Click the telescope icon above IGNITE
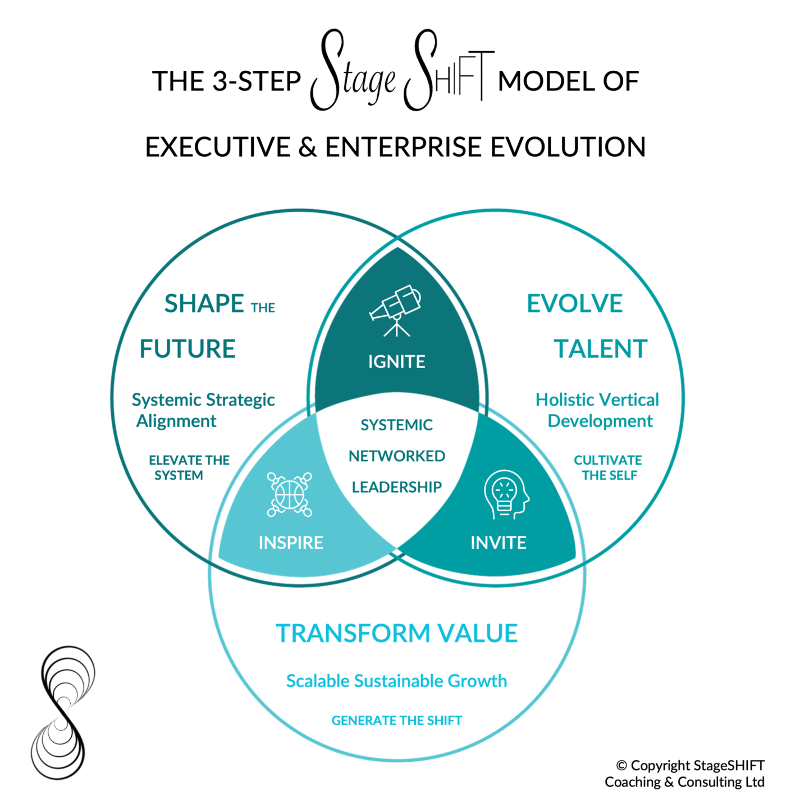point(396,310)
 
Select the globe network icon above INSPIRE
point(290,494)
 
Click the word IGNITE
point(396,362)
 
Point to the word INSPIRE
point(291,543)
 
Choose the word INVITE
point(499,543)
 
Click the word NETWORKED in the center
point(396,456)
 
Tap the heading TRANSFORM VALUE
point(396,633)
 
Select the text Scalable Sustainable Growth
point(396,681)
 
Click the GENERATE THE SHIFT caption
point(396,720)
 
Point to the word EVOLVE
point(574,304)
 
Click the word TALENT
point(601,349)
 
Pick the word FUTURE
point(188,349)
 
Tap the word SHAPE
point(204,304)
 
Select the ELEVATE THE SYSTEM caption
point(189,467)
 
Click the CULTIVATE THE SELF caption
point(608,467)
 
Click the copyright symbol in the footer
point(621,766)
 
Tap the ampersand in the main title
point(308,147)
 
